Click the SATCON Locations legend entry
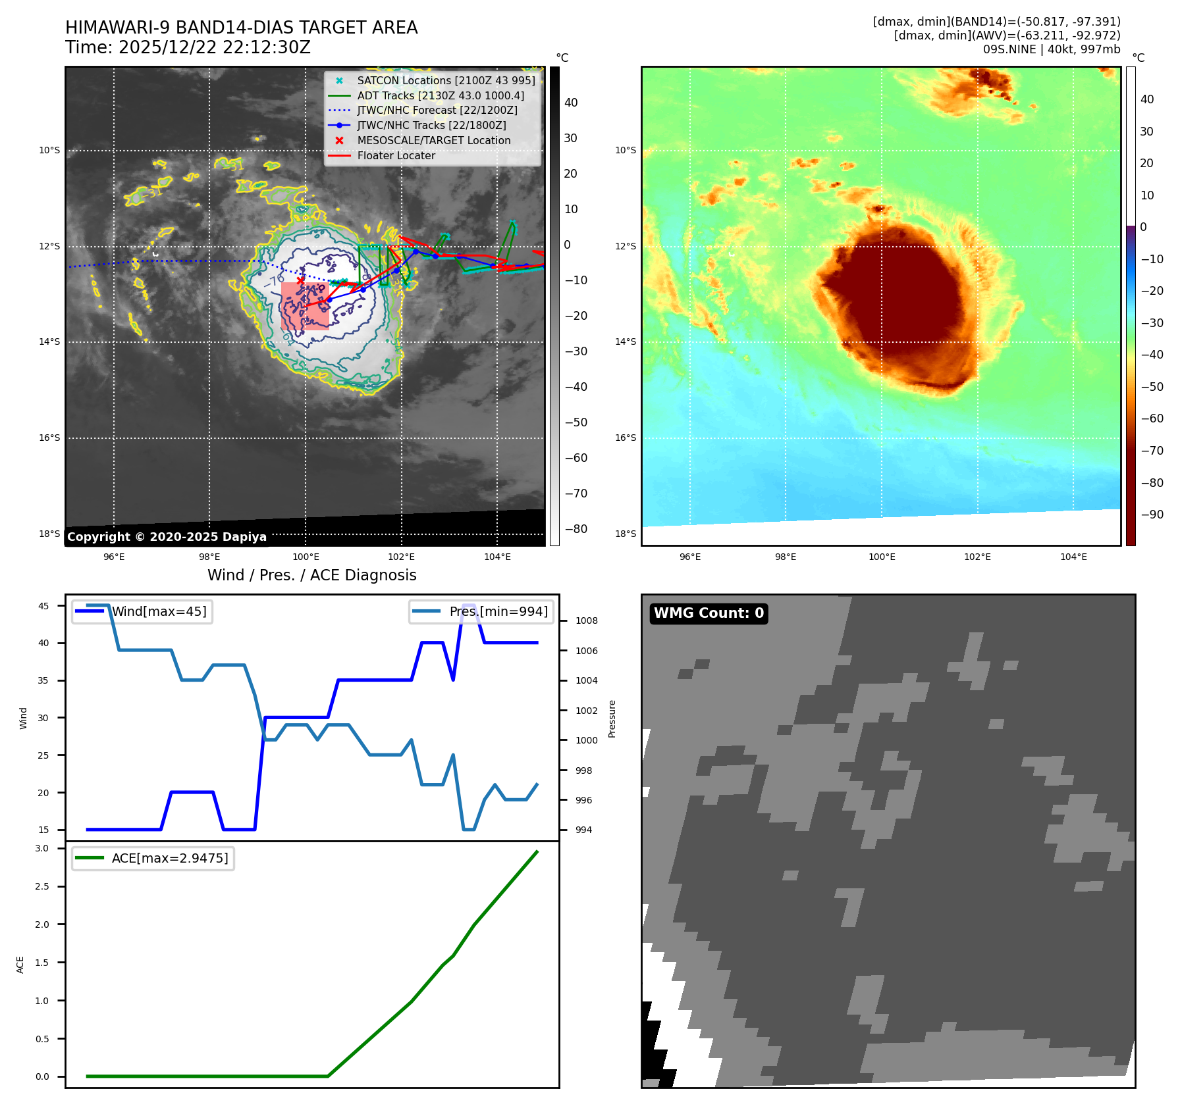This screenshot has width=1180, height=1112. [446, 80]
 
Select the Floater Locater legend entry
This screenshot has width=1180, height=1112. [396, 155]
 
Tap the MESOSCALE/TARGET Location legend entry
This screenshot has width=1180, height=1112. [433, 140]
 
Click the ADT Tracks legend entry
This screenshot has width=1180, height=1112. [441, 95]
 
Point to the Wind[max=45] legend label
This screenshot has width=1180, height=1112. [159, 611]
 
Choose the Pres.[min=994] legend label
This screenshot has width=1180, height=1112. [498, 611]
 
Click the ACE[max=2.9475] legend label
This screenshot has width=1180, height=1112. [170, 858]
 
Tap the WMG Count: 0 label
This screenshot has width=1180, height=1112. [709, 613]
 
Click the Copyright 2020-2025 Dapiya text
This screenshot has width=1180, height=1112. [167, 537]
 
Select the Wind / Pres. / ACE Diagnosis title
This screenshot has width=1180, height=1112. [311, 575]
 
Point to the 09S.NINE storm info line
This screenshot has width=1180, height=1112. [1051, 49]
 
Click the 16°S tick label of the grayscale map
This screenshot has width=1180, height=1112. [49, 438]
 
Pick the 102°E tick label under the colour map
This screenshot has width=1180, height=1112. [977, 557]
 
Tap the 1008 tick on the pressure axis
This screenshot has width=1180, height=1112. [586, 620]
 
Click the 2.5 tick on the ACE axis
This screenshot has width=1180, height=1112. [42, 886]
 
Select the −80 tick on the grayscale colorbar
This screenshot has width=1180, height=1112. [576, 529]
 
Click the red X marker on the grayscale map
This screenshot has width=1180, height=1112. [300, 280]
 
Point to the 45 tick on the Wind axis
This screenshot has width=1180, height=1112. [43, 606]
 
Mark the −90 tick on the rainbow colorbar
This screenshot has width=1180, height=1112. [1152, 515]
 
